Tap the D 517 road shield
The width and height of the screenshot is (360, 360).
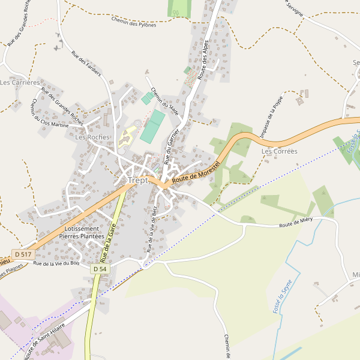pos(23,255)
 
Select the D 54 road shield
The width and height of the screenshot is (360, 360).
pos(100,269)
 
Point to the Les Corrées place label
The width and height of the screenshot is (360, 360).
pos(279,151)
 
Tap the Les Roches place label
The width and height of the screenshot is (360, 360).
pos(92,137)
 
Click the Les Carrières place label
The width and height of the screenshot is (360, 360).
pos(20,82)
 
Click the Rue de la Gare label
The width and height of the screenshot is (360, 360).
pos(108,243)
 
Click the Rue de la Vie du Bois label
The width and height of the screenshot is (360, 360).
pos(56,263)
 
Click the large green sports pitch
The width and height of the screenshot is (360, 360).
pos(152,125)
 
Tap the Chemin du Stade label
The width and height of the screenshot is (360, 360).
pos(164,101)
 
